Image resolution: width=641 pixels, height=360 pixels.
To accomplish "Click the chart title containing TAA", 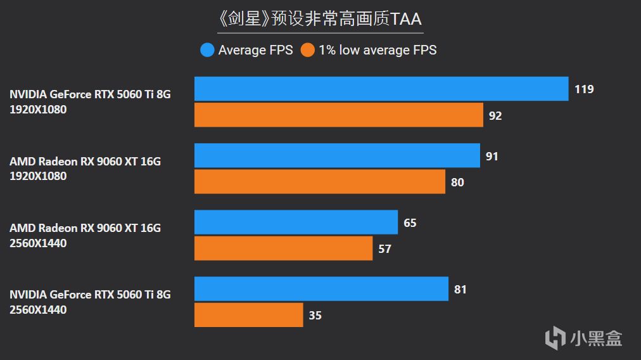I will coord(320,19).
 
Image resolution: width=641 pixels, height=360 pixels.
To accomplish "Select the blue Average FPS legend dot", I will coord(207,50).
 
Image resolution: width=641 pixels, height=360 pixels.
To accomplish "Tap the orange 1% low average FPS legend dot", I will coord(308,50).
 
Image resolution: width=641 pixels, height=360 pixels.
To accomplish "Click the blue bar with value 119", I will coord(381,89).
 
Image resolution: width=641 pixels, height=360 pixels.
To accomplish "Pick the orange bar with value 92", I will coord(338,115).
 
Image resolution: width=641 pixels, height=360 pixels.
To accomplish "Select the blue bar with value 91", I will coord(337,156).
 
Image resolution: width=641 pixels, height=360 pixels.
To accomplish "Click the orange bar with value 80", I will coord(319,182).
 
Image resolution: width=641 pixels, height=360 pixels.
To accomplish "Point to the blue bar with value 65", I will coord(296,222).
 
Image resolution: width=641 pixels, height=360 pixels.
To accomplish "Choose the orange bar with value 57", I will coord(283,248).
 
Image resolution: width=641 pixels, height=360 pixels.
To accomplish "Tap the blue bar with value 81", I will coord(321,289).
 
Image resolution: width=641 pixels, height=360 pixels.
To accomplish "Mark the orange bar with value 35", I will coord(248,315).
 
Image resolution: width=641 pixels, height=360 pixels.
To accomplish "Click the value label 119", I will coord(584,89).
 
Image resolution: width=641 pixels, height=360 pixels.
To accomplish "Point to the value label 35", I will coord(315,316).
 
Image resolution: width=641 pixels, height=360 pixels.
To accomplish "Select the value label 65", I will coord(410,223).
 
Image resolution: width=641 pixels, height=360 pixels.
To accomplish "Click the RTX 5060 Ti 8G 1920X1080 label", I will coord(90,101).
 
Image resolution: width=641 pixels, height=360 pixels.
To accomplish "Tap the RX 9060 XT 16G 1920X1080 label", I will coord(85,169).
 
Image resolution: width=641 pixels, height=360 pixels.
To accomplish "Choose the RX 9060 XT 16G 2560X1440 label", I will coord(85,235).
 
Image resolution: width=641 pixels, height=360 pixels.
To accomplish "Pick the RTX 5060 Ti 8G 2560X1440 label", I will coord(90,302).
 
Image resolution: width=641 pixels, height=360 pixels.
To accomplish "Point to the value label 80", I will coord(457,183).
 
